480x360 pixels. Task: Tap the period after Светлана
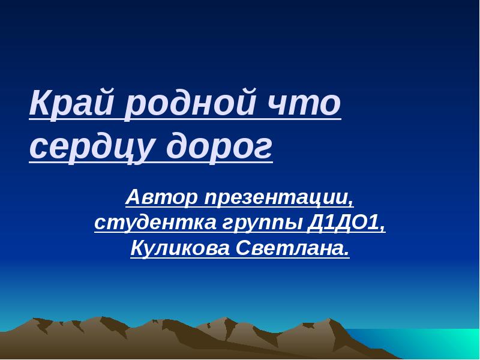pyautogui.click(x=346, y=253)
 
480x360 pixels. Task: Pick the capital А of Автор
pyautogui.click(x=133, y=196)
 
